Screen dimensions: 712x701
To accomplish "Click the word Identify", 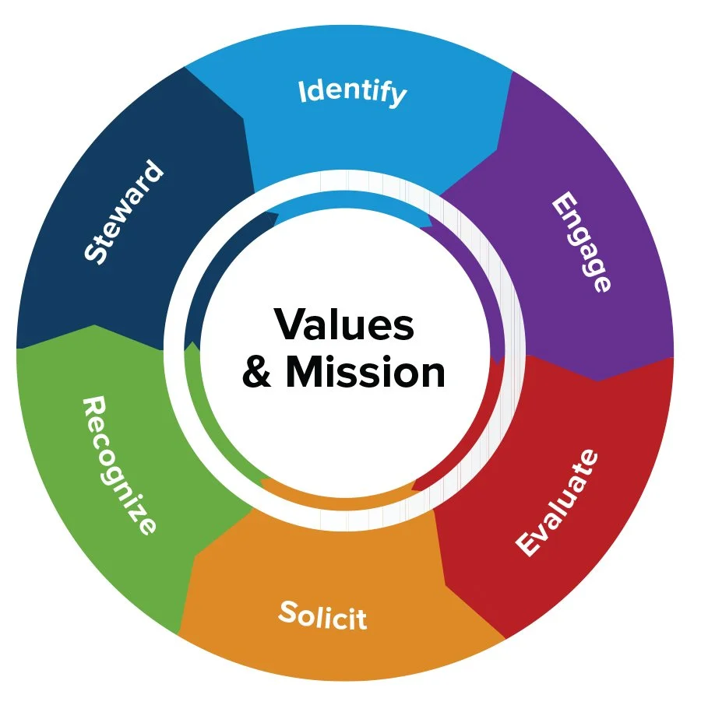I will [352, 93].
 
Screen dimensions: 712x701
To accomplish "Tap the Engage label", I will [581, 242].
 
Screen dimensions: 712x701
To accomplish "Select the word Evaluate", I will [558, 502].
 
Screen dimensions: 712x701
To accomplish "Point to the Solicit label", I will [322, 616].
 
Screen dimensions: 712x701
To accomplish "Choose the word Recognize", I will [119, 465].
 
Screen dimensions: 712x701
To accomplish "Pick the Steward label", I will [125, 212].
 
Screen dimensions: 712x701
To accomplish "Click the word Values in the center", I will [343, 324].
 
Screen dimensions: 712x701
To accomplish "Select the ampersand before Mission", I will [258, 374].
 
